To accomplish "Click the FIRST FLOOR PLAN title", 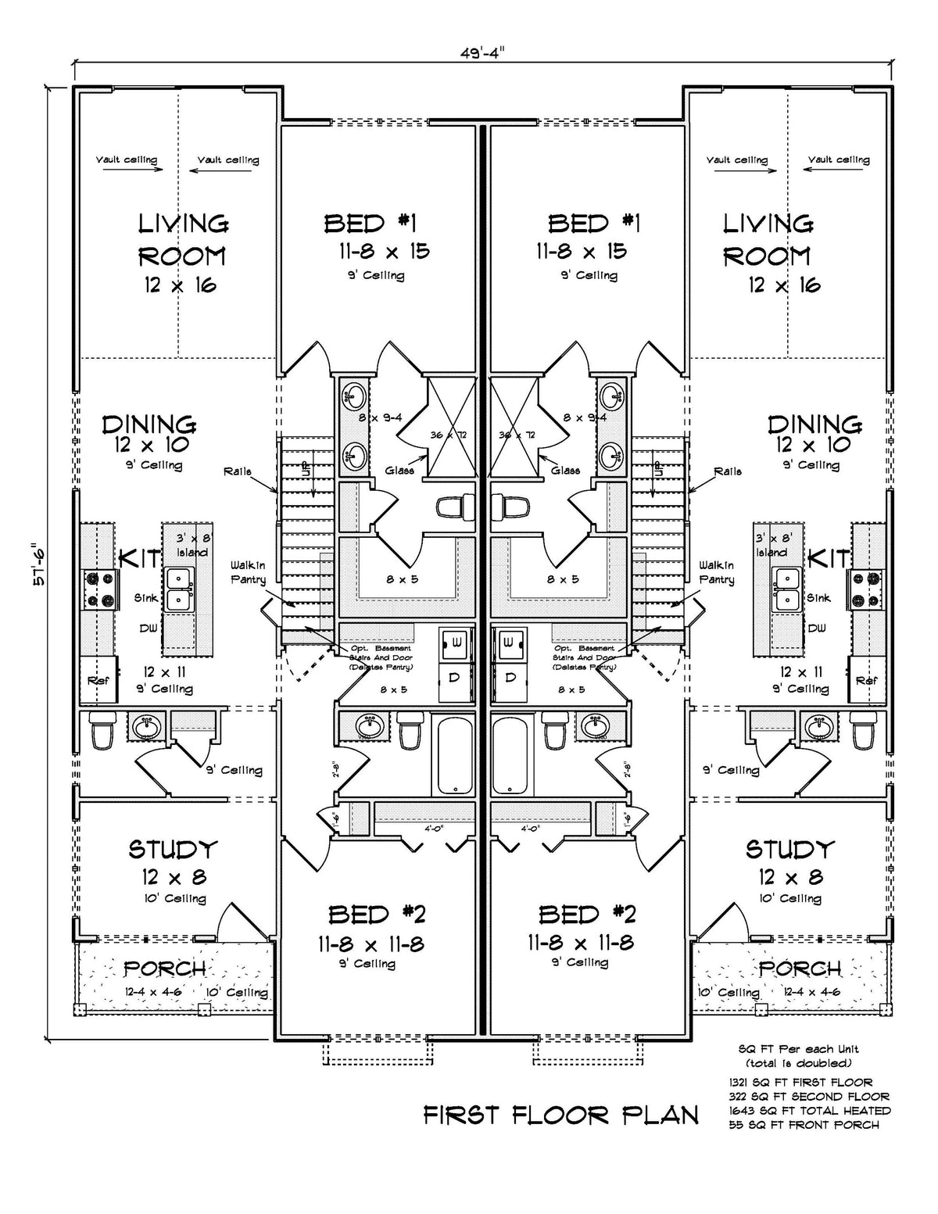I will [x=560, y=1115].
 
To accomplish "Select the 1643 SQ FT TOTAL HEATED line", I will [x=809, y=1110].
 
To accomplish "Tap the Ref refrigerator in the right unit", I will [x=866, y=680].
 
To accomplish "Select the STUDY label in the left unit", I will [x=174, y=849].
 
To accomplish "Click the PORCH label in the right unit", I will [x=800, y=968].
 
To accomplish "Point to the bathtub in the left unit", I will [x=453, y=756].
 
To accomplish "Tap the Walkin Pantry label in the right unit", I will [x=717, y=572].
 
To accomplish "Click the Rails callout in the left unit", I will [x=238, y=471].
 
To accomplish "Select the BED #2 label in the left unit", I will [x=377, y=914].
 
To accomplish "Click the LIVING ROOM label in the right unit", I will [x=768, y=239].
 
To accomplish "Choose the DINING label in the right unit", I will [x=814, y=424].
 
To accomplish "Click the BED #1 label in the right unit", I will [x=593, y=224].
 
